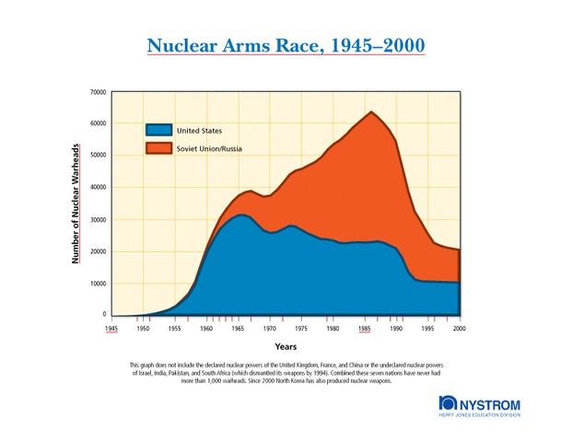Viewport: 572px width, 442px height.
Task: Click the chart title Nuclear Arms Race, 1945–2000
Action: [286, 45]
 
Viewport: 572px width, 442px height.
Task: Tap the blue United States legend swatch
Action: [158, 130]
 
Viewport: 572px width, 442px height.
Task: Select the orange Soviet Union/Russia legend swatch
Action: [158, 148]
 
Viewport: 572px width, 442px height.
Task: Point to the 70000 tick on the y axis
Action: [97, 92]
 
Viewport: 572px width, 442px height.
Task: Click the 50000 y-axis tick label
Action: [97, 156]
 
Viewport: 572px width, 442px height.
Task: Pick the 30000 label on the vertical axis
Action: [97, 219]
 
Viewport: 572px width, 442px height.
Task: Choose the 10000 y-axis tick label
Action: [97, 283]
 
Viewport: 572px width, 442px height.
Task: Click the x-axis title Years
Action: [286, 347]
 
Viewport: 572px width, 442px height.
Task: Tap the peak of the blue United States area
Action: [240, 215]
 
